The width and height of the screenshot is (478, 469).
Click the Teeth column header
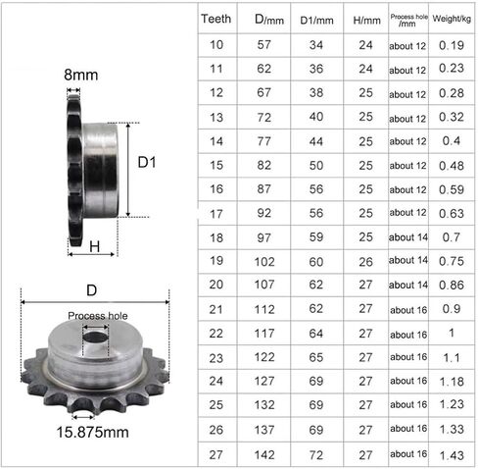click(215, 19)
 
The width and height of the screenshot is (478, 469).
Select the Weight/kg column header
click(452, 19)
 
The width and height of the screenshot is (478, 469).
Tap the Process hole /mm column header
click(408, 21)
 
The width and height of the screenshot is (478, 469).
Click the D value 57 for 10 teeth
click(263, 45)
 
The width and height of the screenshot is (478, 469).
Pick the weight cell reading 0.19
click(452, 45)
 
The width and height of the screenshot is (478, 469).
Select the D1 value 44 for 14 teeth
click(316, 141)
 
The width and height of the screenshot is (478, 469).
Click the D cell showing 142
click(264, 455)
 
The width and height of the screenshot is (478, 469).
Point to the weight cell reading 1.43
click(452, 455)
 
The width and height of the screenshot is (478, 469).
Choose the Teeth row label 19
click(216, 261)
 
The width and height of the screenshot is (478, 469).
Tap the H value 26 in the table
click(365, 262)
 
